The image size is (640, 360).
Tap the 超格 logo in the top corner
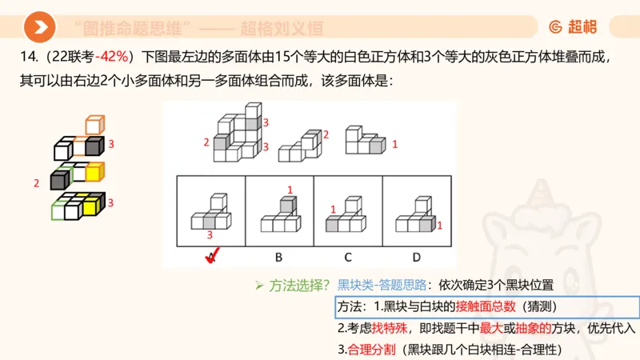(x=573, y=27)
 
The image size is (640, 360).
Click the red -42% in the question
(x=117, y=58)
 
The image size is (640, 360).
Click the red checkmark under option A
(x=211, y=257)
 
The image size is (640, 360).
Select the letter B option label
(x=279, y=257)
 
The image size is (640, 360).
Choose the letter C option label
(x=348, y=257)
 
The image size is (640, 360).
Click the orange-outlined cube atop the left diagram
(x=94, y=125)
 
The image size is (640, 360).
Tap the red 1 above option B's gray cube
(x=290, y=190)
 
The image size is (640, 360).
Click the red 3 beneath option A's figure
(x=210, y=235)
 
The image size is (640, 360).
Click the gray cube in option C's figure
(x=331, y=226)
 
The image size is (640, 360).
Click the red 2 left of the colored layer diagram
(x=36, y=183)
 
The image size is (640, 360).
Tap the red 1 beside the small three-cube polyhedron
(x=394, y=144)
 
